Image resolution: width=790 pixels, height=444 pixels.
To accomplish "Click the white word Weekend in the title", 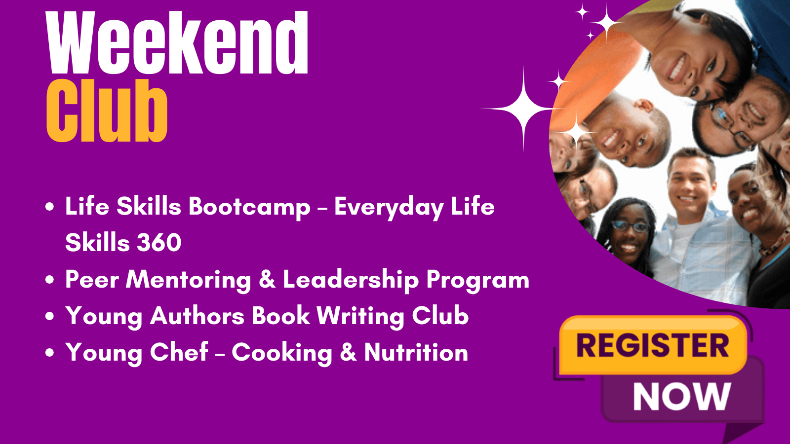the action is click(x=177, y=42).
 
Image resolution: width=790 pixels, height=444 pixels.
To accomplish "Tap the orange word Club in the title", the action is click(x=107, y=111).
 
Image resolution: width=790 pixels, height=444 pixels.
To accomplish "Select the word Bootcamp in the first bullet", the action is click(x=249, y=207).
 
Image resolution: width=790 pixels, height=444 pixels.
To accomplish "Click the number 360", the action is click(x=159, y=243).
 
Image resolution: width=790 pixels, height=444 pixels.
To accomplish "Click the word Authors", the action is click(x=197, y=316).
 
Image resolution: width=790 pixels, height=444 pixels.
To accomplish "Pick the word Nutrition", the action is click(x=416, y=352).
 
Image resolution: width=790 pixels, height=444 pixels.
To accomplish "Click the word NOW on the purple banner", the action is click(x=682, y=397).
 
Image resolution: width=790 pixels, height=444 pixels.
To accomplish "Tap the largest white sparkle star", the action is click(x=524, y=109).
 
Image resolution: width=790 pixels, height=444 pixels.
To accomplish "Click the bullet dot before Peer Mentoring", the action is click(x=50, y=280).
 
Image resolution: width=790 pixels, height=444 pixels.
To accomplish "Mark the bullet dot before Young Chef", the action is click(x=50, y=353).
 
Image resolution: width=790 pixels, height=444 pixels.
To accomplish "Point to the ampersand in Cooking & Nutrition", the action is click(x=348, y=352).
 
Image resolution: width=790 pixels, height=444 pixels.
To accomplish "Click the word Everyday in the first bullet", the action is click(x=389, y=207).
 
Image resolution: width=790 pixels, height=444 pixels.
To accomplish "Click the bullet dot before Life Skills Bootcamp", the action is click(x=50, y=207).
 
